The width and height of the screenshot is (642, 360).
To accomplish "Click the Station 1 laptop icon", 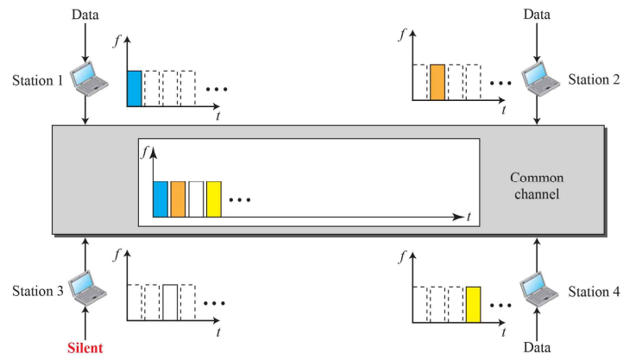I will tap(89, 79).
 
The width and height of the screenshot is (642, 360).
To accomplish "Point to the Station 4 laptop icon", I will tap(542, 287).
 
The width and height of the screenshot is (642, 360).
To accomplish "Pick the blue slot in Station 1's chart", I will tap(134, 88).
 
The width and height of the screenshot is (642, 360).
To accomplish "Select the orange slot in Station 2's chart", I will tap(437, 84).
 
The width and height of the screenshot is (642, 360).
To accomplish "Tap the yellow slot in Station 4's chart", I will tap(472, 303).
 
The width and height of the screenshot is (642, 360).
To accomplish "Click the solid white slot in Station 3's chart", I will tap(170, 302).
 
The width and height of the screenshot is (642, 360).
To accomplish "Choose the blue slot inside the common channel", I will tap(160, 199).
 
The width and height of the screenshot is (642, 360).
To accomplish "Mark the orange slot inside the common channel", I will tap(178, 199).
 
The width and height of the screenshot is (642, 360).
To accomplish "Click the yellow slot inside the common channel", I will tap(214, 199).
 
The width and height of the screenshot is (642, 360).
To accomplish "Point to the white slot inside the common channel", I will tap(196, 199).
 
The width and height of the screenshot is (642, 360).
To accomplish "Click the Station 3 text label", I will tap(37, 291).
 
